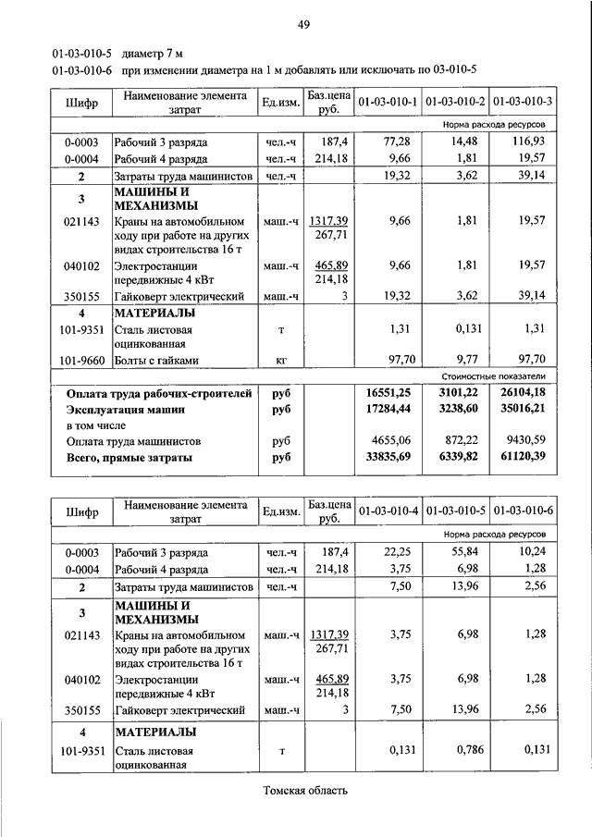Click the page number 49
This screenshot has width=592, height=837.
tap(302, 24)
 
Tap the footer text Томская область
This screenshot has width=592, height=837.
tap(304, 791)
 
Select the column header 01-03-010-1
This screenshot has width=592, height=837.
tap(388, 101)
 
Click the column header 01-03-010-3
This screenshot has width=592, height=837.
tap(523, 101)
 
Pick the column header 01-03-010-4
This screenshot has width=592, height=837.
tap(388, 511)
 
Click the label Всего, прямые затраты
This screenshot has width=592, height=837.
tap(129, 457)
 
